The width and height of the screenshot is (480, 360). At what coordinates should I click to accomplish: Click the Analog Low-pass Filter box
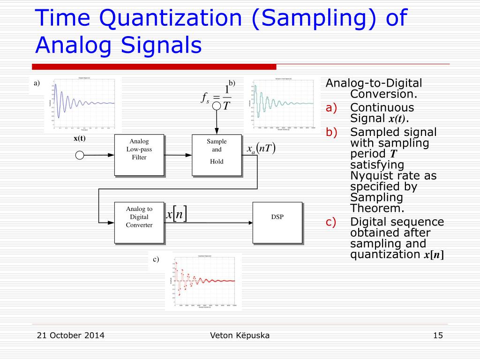coord(139,155)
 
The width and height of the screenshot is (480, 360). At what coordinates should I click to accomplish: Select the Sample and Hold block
coord(217,155)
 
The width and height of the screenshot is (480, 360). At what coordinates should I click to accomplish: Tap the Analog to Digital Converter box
coord(139,222)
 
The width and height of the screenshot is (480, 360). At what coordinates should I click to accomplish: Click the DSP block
coord(277,222)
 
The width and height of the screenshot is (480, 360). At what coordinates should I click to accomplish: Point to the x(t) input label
coord(80,138)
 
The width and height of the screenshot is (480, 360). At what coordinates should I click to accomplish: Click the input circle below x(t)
coord(80,155)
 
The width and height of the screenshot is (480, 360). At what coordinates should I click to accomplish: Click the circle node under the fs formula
coord(217,106)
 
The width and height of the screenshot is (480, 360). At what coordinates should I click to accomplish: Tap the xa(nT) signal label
coord(261,149)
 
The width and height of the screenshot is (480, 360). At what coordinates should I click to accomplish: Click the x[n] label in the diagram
coord(177,214)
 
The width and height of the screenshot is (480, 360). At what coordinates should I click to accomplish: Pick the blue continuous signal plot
coord(82,104)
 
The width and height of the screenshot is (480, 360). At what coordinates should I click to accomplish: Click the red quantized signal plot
coord(203,281)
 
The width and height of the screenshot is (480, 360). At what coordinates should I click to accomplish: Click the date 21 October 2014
coord(70,335)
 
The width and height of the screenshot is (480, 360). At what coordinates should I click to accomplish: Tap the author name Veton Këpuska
coord(240,335)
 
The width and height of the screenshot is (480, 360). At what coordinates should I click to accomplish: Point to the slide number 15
coord(438,335)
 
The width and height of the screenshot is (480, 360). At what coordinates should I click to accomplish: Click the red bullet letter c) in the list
coord(331,222)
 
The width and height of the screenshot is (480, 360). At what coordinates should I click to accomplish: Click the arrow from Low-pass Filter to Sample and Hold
coord(178,155)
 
